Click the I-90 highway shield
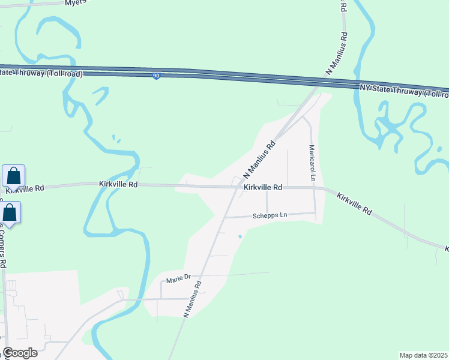(155, 76)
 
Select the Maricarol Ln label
(312, 163)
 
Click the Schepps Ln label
(270, 215)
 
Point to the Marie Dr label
(178, 278)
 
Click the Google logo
(20, 353)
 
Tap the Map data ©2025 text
(424, 355)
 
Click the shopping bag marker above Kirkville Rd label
(14, 176)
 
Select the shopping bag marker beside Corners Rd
(10, 212)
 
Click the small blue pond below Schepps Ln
(241, 236)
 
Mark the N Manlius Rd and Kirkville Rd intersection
(235, 187)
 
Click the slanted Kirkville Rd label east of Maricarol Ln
(354, 204)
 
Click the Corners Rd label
(2, 246)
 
